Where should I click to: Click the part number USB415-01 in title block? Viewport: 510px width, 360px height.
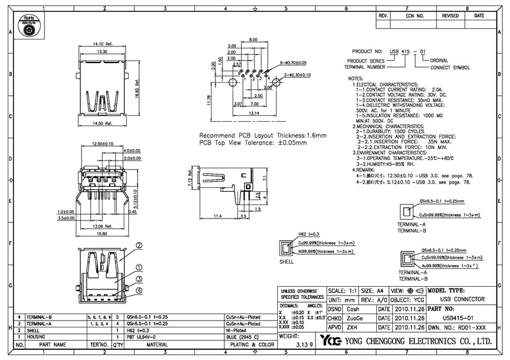point(458,317)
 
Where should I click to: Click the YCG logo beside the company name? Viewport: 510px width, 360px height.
point(331,340)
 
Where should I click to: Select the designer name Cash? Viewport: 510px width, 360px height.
point(352,308)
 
